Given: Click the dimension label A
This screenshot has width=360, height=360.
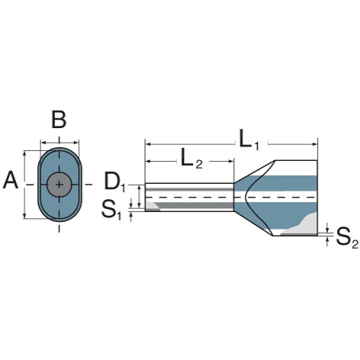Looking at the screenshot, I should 11,182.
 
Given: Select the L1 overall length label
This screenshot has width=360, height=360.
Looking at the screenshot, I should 249,140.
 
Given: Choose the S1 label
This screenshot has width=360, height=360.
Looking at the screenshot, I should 111,210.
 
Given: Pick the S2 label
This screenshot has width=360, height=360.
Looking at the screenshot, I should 346,239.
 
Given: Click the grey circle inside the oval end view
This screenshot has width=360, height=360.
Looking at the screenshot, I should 59,184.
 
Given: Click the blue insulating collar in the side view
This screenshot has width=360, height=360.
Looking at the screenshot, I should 294,183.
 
